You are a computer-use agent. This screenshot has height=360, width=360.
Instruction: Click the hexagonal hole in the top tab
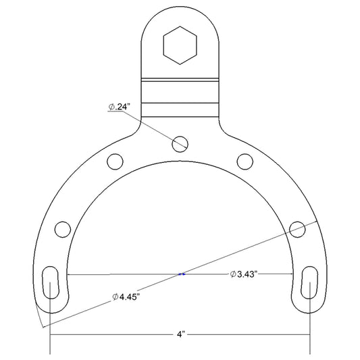click(180, 45)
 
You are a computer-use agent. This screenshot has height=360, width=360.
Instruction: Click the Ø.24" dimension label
click(120, 107)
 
